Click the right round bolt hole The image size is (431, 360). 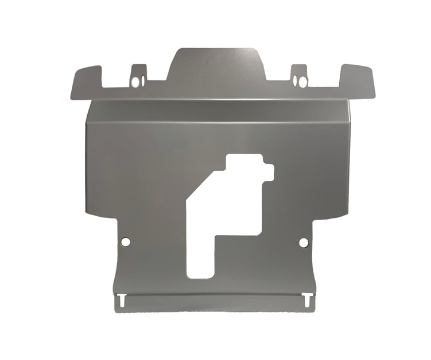[304, 242]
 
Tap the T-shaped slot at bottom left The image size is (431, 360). [122, 299]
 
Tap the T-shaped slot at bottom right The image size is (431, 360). [308, 299]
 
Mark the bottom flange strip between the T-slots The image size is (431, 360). [215, 303]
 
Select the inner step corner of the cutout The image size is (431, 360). [216, 234]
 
